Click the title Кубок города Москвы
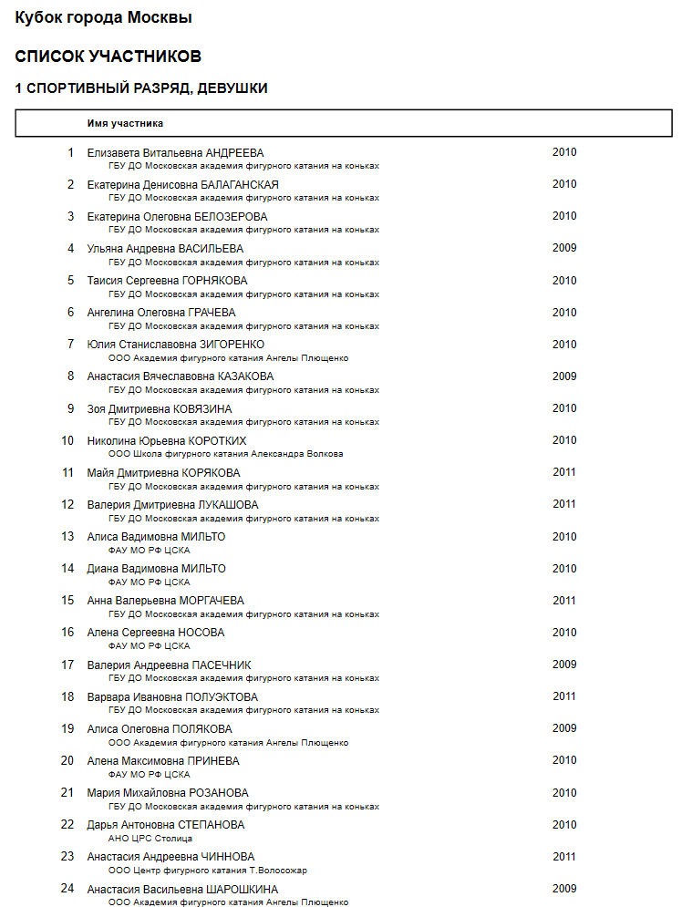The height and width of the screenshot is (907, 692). tap(104, 17)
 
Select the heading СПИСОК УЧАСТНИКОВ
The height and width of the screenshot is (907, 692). tap(108, 57)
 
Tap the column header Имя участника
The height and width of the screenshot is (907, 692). tap(125, 122)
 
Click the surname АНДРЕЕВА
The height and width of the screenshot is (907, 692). tap(234, 153)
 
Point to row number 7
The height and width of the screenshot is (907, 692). tap(70, 345)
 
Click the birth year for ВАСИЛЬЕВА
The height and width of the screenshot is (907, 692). tap(564, 248)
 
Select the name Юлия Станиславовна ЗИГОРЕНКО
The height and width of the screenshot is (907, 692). tap(176, 345)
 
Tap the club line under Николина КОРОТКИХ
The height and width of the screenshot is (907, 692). tap(225, 454)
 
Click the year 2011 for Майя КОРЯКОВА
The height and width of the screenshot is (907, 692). tap(564, 472)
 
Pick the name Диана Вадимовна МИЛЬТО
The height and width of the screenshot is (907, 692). tap(156, 569)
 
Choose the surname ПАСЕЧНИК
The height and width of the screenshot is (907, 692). tap(222, 665)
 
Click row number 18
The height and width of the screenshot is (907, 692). tap(67, 697)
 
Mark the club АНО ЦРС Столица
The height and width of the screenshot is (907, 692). tap(150, 839)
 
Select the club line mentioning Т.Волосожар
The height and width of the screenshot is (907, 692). tap(207, 871)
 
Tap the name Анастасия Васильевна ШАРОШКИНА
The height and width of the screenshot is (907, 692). tap(182, 889)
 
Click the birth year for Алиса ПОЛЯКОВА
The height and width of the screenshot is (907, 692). tap(564, 728)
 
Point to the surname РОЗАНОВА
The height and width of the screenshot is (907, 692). tap(220, 793)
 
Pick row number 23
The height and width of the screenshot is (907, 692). tap(67, 857)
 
